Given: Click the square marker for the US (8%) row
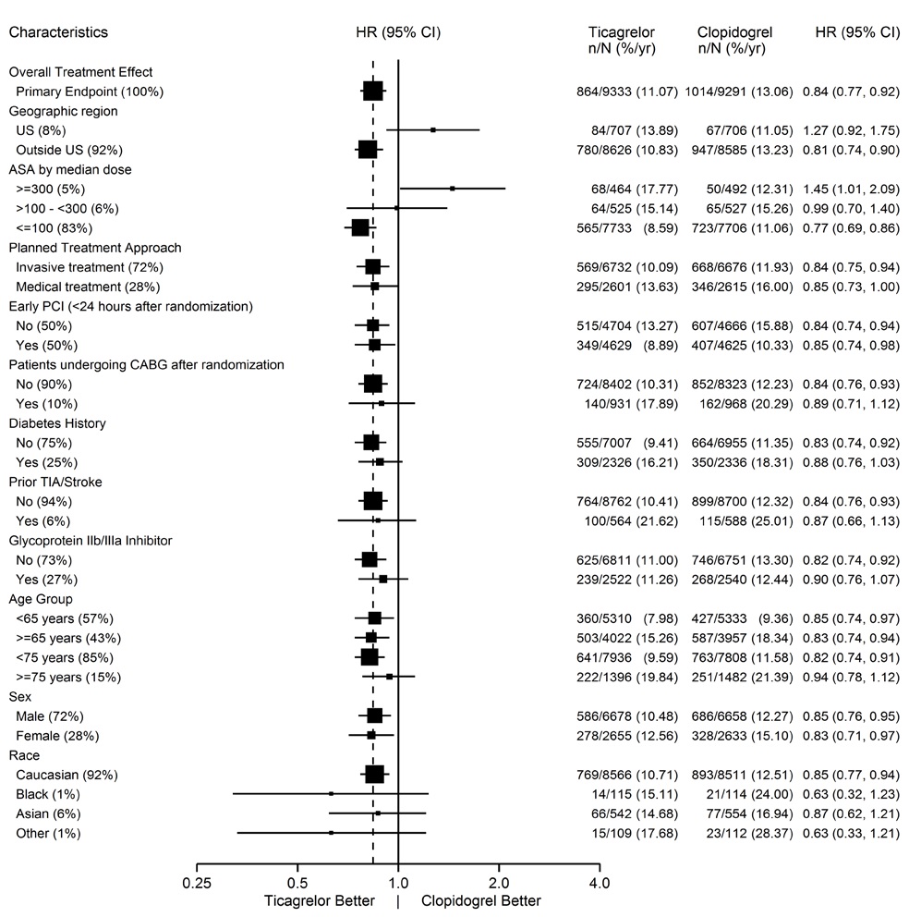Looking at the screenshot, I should [433, 130].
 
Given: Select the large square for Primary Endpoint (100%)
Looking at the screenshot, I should [373, 91].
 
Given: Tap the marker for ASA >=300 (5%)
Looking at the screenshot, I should [452, 189].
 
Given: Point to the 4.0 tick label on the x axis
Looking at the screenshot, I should [600, 883].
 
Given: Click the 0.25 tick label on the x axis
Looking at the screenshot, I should [198, 883].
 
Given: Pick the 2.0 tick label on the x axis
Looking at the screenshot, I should [499, 883].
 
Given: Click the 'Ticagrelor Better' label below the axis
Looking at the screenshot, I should [320, 901].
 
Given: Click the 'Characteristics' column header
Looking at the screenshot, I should [58, 32].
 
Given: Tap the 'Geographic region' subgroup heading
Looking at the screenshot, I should [63, 111].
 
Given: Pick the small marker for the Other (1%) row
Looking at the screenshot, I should [331, 833].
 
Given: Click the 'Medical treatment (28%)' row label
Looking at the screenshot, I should [81, 287].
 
